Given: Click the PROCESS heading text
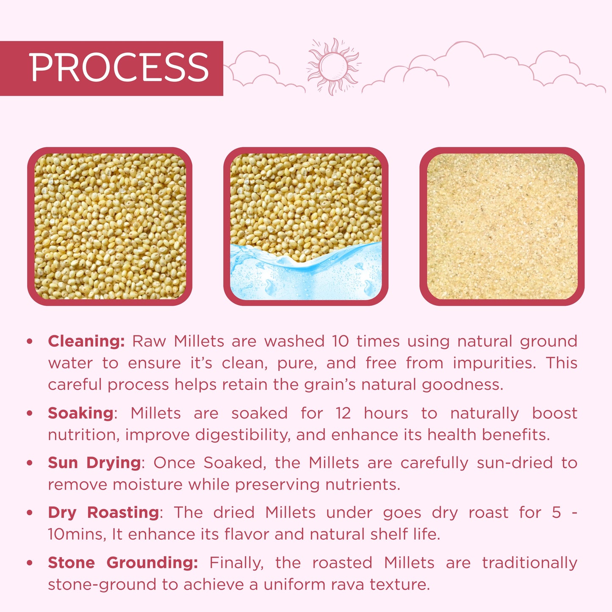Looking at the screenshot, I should (x=119, y=68).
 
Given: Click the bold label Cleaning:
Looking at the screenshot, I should (x=86, y=341).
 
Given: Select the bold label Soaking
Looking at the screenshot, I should (x=80, y=413).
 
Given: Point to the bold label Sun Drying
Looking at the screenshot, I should (x=94, y=462).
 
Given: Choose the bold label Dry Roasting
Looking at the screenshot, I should (x=103, y=512).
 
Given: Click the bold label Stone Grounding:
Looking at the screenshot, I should (x=123, y=562).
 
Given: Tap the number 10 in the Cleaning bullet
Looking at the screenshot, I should (x=341, y=341).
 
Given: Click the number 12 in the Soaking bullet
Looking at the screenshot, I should (x=343, y=413).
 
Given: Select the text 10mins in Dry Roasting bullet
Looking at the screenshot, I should (x=76, y=534).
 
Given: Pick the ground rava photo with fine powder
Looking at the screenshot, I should (x=502, y=226).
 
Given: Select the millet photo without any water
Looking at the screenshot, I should (x=110, y=226).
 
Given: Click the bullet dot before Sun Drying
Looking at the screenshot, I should (x=30, y=462).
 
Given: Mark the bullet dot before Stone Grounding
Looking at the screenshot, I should (x=30, y=562).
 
